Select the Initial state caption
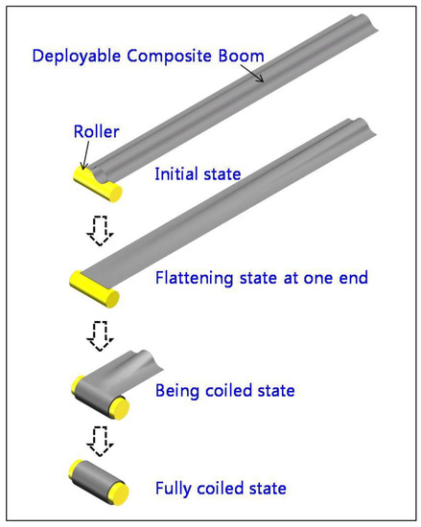(x=197, y=175)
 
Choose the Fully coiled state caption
(x=221, y=489)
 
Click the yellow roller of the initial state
(x=96, y=184)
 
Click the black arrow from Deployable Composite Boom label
(x=253, y=74)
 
